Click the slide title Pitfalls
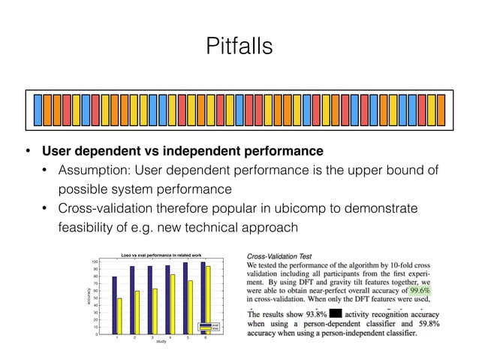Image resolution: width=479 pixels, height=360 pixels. [239, 46]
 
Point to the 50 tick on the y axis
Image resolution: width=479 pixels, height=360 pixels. [96, 298]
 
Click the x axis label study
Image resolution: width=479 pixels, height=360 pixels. [161, 351]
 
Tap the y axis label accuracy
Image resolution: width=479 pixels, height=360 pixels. [87, 298]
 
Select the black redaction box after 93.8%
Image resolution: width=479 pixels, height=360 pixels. [336, 313]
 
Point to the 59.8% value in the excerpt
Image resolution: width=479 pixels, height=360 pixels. [425, 323]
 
